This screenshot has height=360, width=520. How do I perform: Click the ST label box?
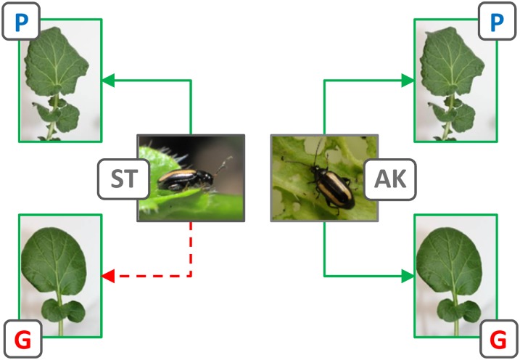click(124, 179)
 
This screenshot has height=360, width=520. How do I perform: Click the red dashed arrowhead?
click(107, 276)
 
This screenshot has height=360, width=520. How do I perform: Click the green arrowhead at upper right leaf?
click(409, 81)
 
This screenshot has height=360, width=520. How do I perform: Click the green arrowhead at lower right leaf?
click(409, 276)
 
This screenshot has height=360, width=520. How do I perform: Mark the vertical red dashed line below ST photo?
click(191, 247)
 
